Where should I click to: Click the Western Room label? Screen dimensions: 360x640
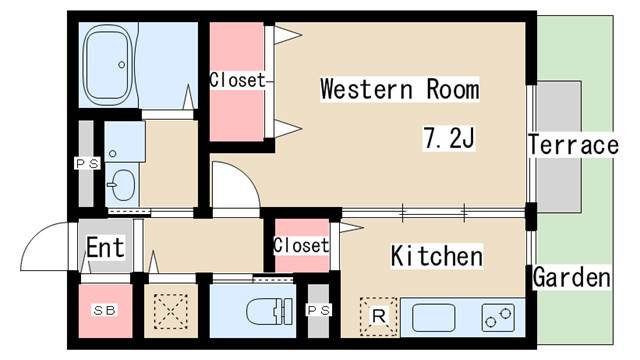coord(399,89)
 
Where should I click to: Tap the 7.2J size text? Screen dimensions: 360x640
coord(448,138)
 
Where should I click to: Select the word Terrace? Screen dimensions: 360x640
coord(573,145)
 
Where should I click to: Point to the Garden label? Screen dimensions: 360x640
coord(572,277)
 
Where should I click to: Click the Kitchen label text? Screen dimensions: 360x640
coord(436,256)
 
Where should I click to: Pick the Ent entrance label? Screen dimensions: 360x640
coord(105,248)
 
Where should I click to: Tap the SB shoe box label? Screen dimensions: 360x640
coord(104,310)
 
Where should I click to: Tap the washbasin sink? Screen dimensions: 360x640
coord(123,183)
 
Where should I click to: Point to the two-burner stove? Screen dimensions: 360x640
coord(498,319)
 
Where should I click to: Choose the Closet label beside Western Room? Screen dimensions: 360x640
coord(237,80)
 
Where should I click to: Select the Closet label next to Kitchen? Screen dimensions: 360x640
coord(300,245)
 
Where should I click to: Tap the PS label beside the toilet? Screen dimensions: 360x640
coord(319,311)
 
